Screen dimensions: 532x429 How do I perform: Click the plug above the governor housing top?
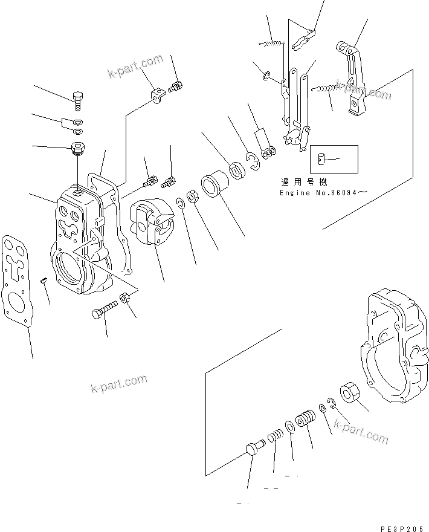coord(76,148)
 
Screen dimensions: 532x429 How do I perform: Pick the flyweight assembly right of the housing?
coord(152,223)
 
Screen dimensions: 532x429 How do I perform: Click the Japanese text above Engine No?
coord(303,181)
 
